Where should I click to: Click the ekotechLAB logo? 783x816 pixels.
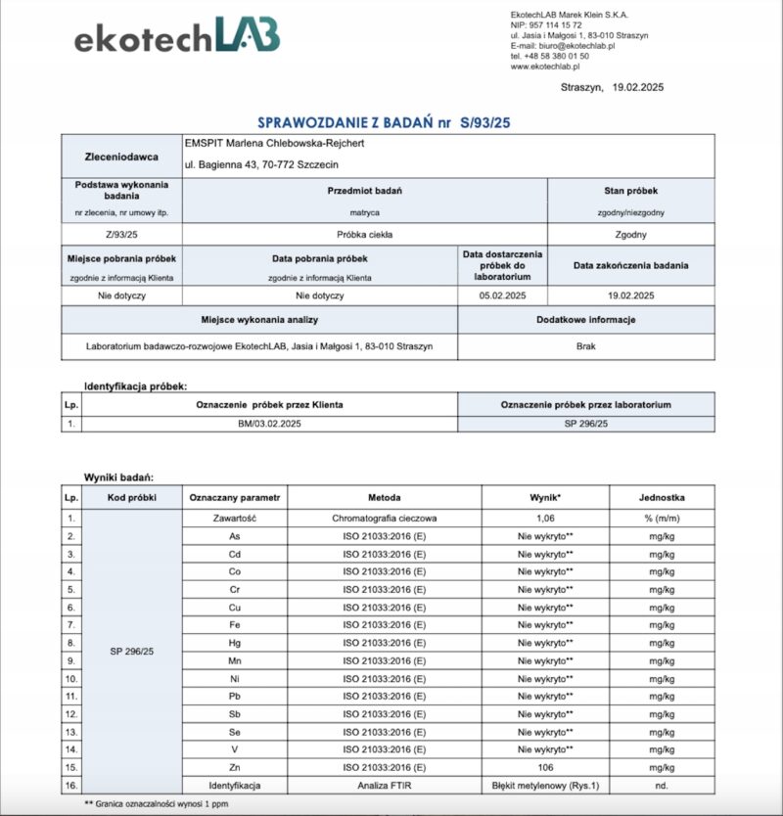click(177, 37)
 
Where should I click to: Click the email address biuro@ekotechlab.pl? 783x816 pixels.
click(577, 46)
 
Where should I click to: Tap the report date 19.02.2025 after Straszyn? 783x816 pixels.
click(636, 88)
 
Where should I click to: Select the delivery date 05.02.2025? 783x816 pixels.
click(502, 295)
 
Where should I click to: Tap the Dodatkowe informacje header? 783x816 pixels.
click(587, 320)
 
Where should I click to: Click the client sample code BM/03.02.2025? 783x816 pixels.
click(269, 424)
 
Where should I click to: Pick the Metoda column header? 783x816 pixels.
click(384, 497)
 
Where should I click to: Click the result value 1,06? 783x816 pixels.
click(545, 517)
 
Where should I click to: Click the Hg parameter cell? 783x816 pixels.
click(235, 642)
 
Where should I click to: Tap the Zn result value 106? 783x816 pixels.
click(545, 767)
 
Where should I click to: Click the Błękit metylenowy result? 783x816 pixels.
click(545, 785)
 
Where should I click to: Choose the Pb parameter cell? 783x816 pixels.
click(235, 696)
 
